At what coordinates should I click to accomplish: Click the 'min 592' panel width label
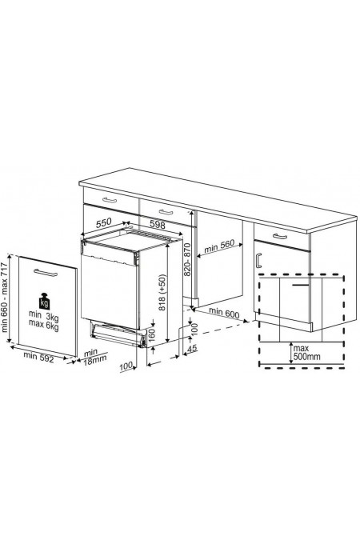point(40,355)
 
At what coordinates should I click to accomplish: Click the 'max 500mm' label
point(304,354)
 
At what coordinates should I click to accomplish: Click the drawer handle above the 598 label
point(166,212)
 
